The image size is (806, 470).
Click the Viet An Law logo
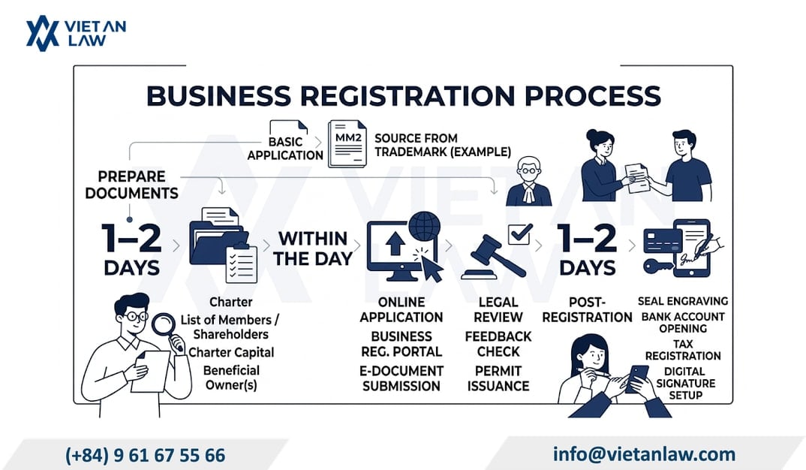[76, 34]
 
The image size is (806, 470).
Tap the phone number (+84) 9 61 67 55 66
[145, 455]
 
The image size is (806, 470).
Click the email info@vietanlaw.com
[644, 454]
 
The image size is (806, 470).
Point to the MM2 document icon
[347, 144]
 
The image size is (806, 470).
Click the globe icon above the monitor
[424, 226]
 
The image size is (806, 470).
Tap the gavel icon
[492, 257]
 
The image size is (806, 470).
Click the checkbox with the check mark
[519, 234]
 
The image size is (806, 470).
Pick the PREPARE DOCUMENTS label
[131, 185]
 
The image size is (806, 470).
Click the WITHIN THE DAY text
[313, 249]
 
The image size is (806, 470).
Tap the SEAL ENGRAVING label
[683, 301]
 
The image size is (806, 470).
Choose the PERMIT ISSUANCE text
[498, 378]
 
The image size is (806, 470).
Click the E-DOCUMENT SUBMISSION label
[401, 378]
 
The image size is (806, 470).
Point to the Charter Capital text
[231, 352]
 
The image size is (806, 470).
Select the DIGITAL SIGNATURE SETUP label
[685, 383]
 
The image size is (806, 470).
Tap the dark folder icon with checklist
[223, 245]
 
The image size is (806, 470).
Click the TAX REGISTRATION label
[683, 350]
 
